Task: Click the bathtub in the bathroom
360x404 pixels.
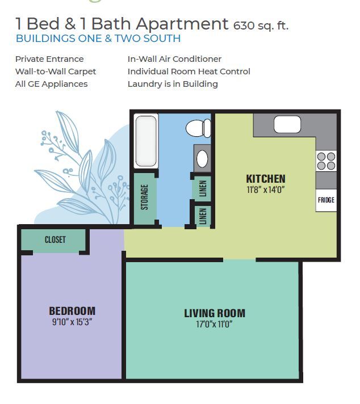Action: pos(146,141)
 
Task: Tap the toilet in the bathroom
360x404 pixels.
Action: pos(198,128)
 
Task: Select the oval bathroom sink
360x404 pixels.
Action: pos(202,158)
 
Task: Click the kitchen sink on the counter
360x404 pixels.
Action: pos(287,124)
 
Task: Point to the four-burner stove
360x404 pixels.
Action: pos(326,161)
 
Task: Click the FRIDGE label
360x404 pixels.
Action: pos(326,200)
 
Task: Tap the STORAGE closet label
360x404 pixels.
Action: pos(145,197)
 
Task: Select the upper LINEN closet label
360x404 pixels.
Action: pos(203,188)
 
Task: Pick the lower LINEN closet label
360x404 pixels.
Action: pos(203,216)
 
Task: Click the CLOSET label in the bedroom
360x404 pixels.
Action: pos(55,239)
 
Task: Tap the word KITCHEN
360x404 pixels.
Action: pos(266,179)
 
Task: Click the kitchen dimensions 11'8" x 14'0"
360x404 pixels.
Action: pos(266,190)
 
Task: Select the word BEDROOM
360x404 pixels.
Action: pos(72,311)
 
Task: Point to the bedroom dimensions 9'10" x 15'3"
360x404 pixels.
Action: pos(72,322)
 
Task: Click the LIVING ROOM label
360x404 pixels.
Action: pos(215,313)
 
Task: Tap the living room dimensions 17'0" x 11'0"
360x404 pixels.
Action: pos(215,324)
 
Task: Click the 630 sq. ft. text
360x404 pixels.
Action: pos(261,26)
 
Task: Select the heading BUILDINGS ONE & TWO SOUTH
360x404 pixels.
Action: pos(98,39)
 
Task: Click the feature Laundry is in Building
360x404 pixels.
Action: pos(173,84)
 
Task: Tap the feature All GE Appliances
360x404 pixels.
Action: pos(51,84)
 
